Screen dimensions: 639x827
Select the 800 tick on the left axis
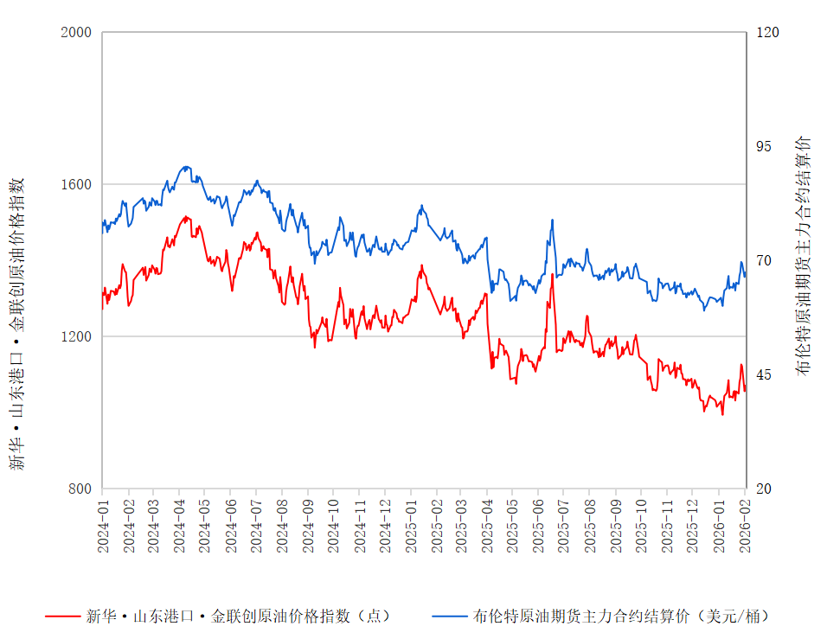(x=80, y=489)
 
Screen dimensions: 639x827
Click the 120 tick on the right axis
(x=768, y=32)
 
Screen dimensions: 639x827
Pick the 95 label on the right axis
(x=765, y=146)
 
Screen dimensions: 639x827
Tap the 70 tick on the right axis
(x=765, y=260)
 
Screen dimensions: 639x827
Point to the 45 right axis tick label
(x=765, y=374)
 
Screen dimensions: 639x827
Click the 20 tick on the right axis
(x=765, y=489)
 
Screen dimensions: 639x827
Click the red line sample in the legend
(x=61, y=617)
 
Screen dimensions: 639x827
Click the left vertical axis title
(x=17, y=324)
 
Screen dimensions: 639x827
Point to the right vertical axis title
(x=805, y=255)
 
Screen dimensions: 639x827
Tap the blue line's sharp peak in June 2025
(x=552, y=220)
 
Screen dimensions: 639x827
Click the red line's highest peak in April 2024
(x=186, y=216)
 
